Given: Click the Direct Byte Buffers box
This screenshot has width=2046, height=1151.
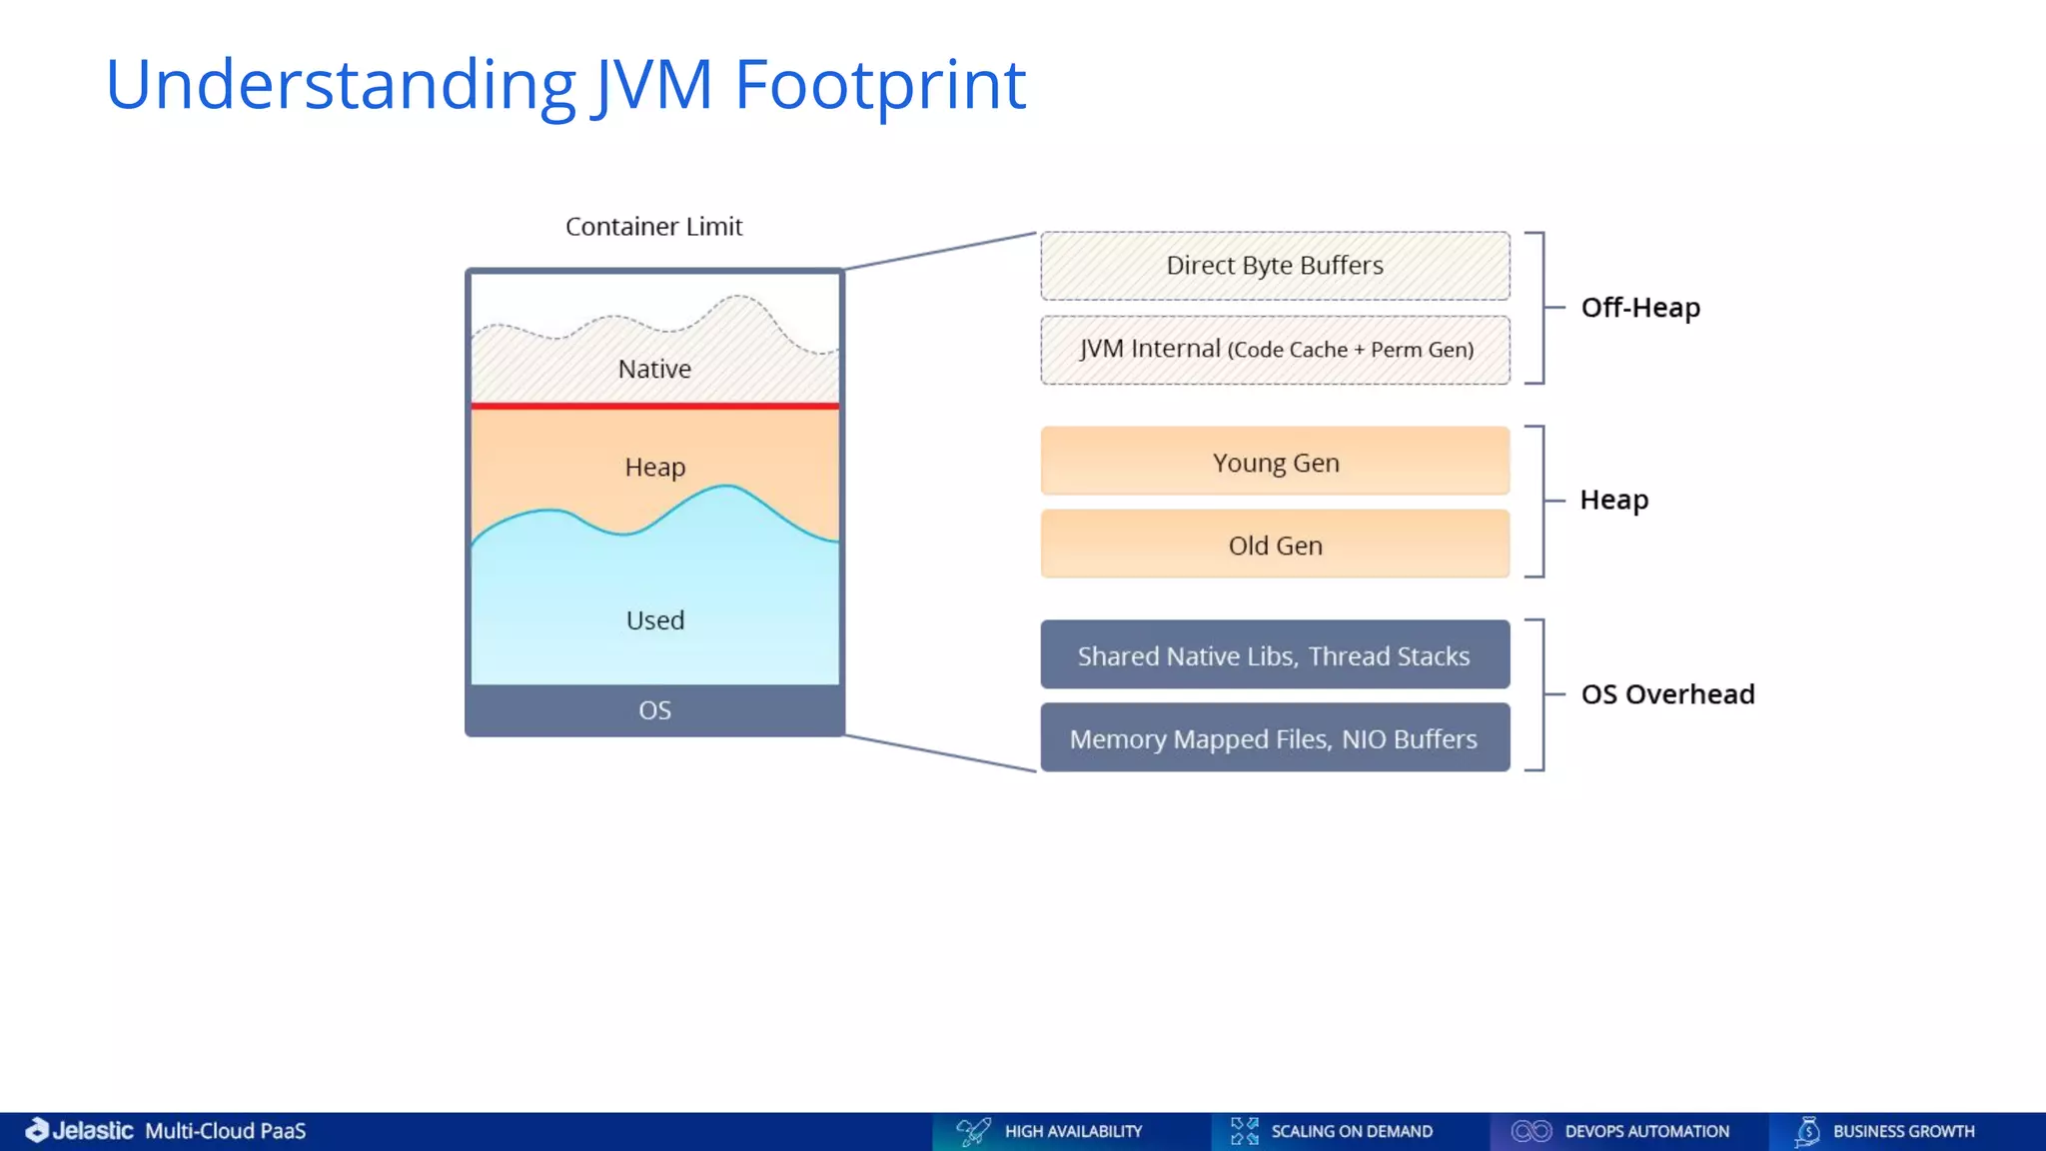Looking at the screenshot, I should click(1275, 266).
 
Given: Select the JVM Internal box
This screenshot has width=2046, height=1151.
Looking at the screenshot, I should click(1275, 350).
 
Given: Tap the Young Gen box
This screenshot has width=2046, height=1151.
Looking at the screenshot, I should click(1275, 462).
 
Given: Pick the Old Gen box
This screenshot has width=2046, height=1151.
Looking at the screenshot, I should click(1275, 545).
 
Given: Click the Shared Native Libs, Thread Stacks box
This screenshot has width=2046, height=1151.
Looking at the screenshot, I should click(1275, 655).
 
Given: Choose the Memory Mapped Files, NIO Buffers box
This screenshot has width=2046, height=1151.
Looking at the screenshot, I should click(1275, 738).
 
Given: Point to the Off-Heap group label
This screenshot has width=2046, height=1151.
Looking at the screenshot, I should click(1640, 308).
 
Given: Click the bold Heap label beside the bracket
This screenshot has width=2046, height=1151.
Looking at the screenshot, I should click(1613, 500).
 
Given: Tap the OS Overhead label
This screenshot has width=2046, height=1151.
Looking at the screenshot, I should click(1667, 694).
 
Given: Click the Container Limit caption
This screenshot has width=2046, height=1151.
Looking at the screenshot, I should click(653, 227).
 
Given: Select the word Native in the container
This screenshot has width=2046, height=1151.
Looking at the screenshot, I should click(654, 369).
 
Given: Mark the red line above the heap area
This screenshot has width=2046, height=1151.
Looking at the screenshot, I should click(654, 406).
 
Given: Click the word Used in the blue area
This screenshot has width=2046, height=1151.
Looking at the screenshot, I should click(655, 620).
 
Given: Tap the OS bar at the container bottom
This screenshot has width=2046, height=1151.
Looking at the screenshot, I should click(654, 710).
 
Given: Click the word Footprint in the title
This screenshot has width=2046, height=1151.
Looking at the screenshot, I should click(880, 84).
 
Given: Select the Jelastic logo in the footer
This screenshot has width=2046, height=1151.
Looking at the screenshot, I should click(80, 1130).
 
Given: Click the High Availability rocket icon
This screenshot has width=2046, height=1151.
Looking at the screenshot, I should click(972, 1131).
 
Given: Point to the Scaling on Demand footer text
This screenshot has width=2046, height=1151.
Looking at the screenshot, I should click(1352, 1131).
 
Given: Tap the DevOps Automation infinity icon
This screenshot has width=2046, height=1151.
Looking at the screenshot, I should click(1531, 1131).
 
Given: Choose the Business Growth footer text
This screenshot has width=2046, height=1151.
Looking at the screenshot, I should click(1903, 1131).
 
